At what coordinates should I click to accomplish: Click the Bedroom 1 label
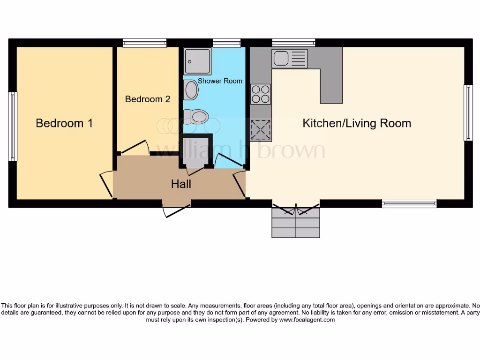[64, 123]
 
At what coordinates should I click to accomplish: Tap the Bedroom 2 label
[147, 99]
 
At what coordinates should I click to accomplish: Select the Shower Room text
[220, 81]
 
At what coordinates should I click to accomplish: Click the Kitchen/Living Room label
[357, 123]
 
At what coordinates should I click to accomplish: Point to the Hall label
[181, 184]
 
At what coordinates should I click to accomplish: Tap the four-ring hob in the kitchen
[261, 94]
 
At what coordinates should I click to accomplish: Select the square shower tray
[197, 61]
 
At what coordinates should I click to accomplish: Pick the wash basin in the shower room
[191, 90]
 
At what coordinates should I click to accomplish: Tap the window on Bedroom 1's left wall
[13, 126]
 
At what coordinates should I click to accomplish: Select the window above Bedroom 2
[144, 43]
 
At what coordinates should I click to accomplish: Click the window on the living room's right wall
[468, 112]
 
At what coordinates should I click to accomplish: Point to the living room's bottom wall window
[409, 203]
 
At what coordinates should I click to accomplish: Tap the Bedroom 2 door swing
[135, 146]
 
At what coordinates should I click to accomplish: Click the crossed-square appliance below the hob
[261, 130]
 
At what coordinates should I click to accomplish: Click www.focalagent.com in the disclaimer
[307, 320]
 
